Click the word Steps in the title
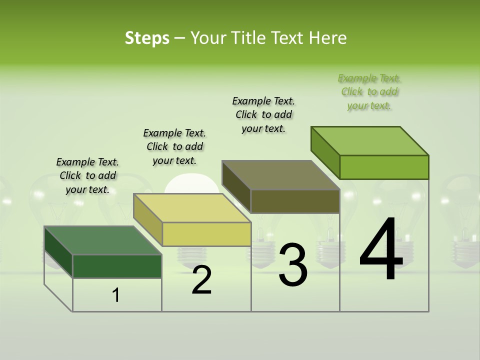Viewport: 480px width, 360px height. (x=147, y=38)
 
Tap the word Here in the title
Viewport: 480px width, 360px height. (x=328, y=38)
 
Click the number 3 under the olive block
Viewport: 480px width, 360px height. (x=292, y=264)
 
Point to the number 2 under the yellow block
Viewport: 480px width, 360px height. (x=201, y=280)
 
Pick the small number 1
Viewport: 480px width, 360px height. (x=116, y=295)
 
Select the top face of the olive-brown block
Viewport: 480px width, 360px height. (x=280, y=175)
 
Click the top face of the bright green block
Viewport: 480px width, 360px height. (x=369, y=141)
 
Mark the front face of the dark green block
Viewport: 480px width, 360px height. (x=117, y=266)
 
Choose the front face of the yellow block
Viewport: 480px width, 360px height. (x=206, y=234)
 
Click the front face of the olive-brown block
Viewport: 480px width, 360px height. (x=295, y=201)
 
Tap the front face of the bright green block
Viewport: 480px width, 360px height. (x=384, y=167)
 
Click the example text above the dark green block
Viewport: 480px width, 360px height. (x=87, y=175)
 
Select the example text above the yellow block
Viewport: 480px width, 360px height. (x=174, y=146)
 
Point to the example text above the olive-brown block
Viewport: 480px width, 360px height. (x=263, y=114)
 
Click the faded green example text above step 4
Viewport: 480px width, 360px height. (x=369, y=91)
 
